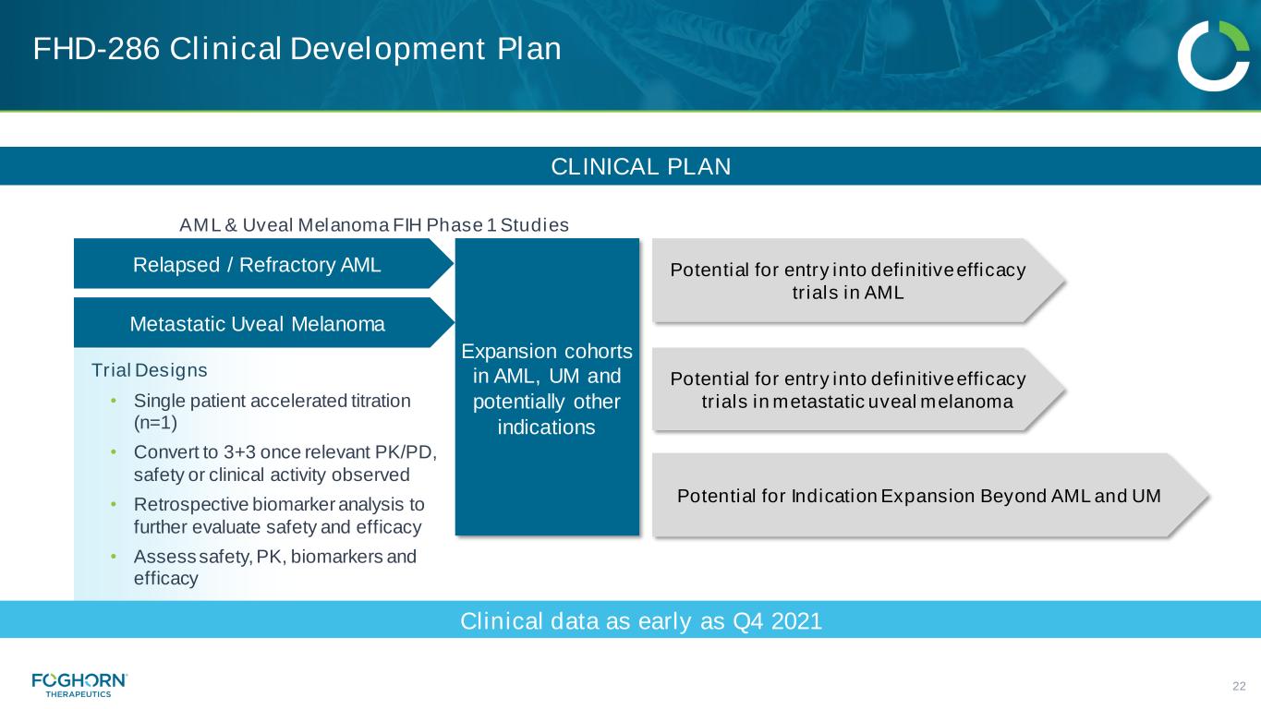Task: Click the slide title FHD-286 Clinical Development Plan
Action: (x=297, y=49)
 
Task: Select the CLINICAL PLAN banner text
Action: (x=640, y=166)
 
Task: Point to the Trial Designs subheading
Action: (x=149, y=370)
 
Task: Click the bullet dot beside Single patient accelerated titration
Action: (x=114, y=401)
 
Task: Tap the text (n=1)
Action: (x=155, y=423)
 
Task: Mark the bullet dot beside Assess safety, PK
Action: (x=114, y=557)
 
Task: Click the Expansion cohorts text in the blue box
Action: (x=547, y=352)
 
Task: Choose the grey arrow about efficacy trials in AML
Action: (x=858, y=281)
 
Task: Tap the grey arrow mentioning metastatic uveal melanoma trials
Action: (x=858, y=390)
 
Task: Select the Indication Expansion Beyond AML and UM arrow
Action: (x=930, y=495)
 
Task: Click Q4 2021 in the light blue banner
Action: (x=778, y=621)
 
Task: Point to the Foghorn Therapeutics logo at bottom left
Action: (x=79, y=685)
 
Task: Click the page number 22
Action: (x=1239, y=686)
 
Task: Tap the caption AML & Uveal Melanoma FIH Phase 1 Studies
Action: (x=374, y=225)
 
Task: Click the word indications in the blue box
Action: (x=546, y=427)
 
